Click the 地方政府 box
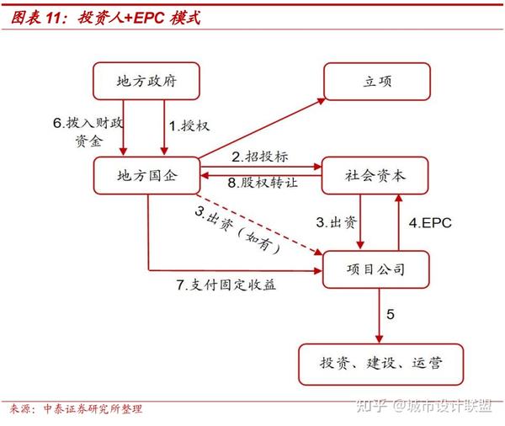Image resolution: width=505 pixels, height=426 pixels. (147, 82)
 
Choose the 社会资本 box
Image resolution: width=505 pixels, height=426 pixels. (376, 177)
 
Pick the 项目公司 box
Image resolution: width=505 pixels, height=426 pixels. (376, 270)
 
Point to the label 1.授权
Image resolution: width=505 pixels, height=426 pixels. (189, 125)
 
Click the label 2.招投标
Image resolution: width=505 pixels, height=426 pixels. (260, 157)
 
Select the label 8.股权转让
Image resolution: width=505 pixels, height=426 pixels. (262, 184)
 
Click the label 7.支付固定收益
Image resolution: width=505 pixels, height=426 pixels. (226, 285)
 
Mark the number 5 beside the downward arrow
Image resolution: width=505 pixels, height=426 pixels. (390, 315)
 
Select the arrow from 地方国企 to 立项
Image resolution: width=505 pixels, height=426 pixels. (261, 127)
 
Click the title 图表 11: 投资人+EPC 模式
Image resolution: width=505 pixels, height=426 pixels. (104, 18)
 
